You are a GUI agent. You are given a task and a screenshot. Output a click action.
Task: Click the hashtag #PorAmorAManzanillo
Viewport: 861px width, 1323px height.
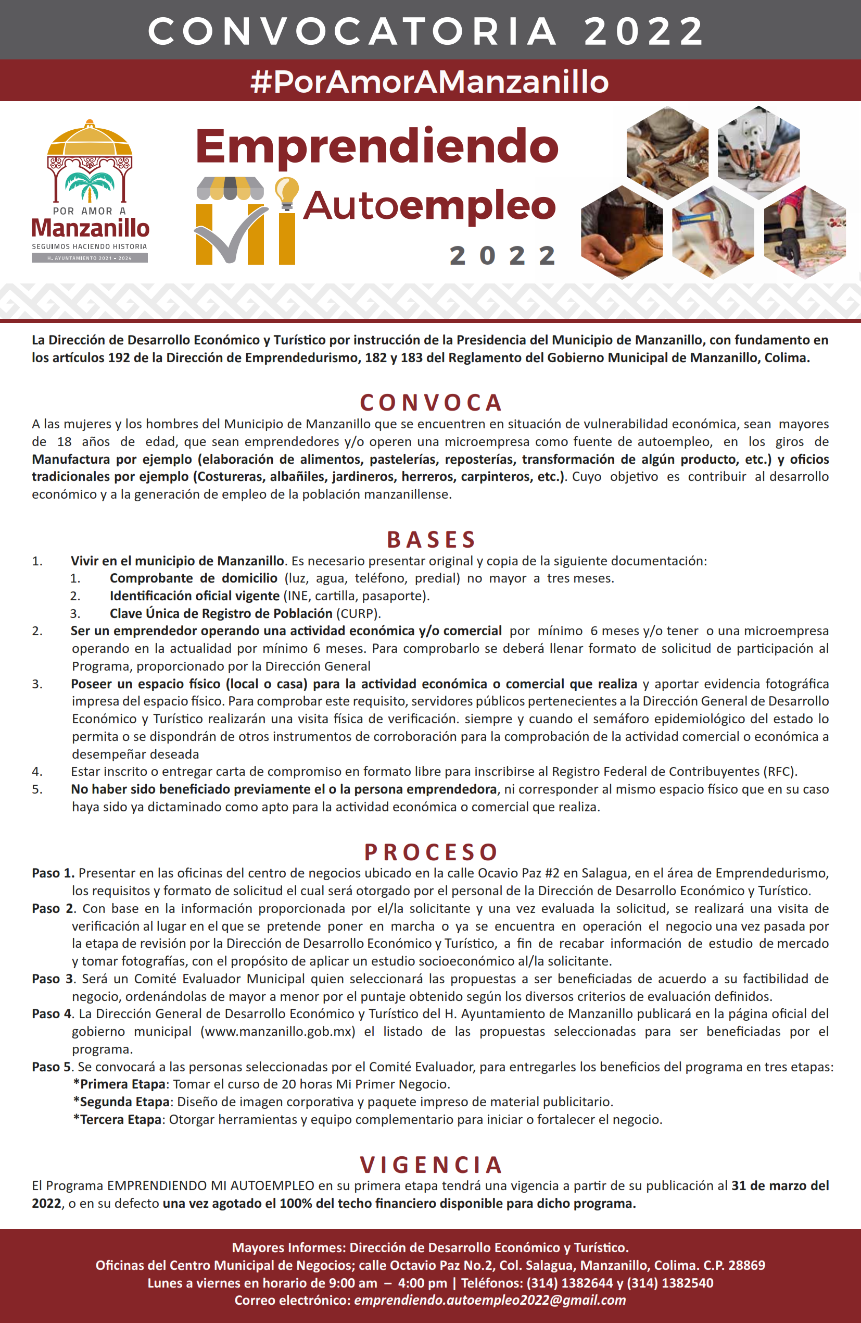pos(429,81)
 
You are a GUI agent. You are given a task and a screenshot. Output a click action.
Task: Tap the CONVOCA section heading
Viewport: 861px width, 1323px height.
pos(431,402)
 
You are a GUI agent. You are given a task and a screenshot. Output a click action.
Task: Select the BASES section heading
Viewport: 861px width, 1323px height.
pos(431,539)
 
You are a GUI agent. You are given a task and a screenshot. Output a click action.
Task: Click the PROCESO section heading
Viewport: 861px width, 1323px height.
pos(431,851)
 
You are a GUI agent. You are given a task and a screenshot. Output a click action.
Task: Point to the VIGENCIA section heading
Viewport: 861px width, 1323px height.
pos(431,1165)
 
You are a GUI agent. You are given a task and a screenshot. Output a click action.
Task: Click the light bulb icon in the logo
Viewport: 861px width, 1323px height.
pos(287,192)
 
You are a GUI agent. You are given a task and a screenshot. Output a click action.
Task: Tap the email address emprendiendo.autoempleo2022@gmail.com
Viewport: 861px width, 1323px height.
pos(490,1300)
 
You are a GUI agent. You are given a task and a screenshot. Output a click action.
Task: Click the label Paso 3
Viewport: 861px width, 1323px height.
pos(52,979)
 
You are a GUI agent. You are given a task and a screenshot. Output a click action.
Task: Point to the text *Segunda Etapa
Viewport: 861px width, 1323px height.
pos(121,1101)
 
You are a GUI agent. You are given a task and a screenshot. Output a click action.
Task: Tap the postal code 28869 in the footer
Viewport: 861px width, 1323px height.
pos(746,1265)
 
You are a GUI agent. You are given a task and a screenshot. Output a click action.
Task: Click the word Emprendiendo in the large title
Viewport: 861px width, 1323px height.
pos(376,146)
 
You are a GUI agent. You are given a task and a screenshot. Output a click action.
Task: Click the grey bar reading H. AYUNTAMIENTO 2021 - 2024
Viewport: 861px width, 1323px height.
pos(90,258)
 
